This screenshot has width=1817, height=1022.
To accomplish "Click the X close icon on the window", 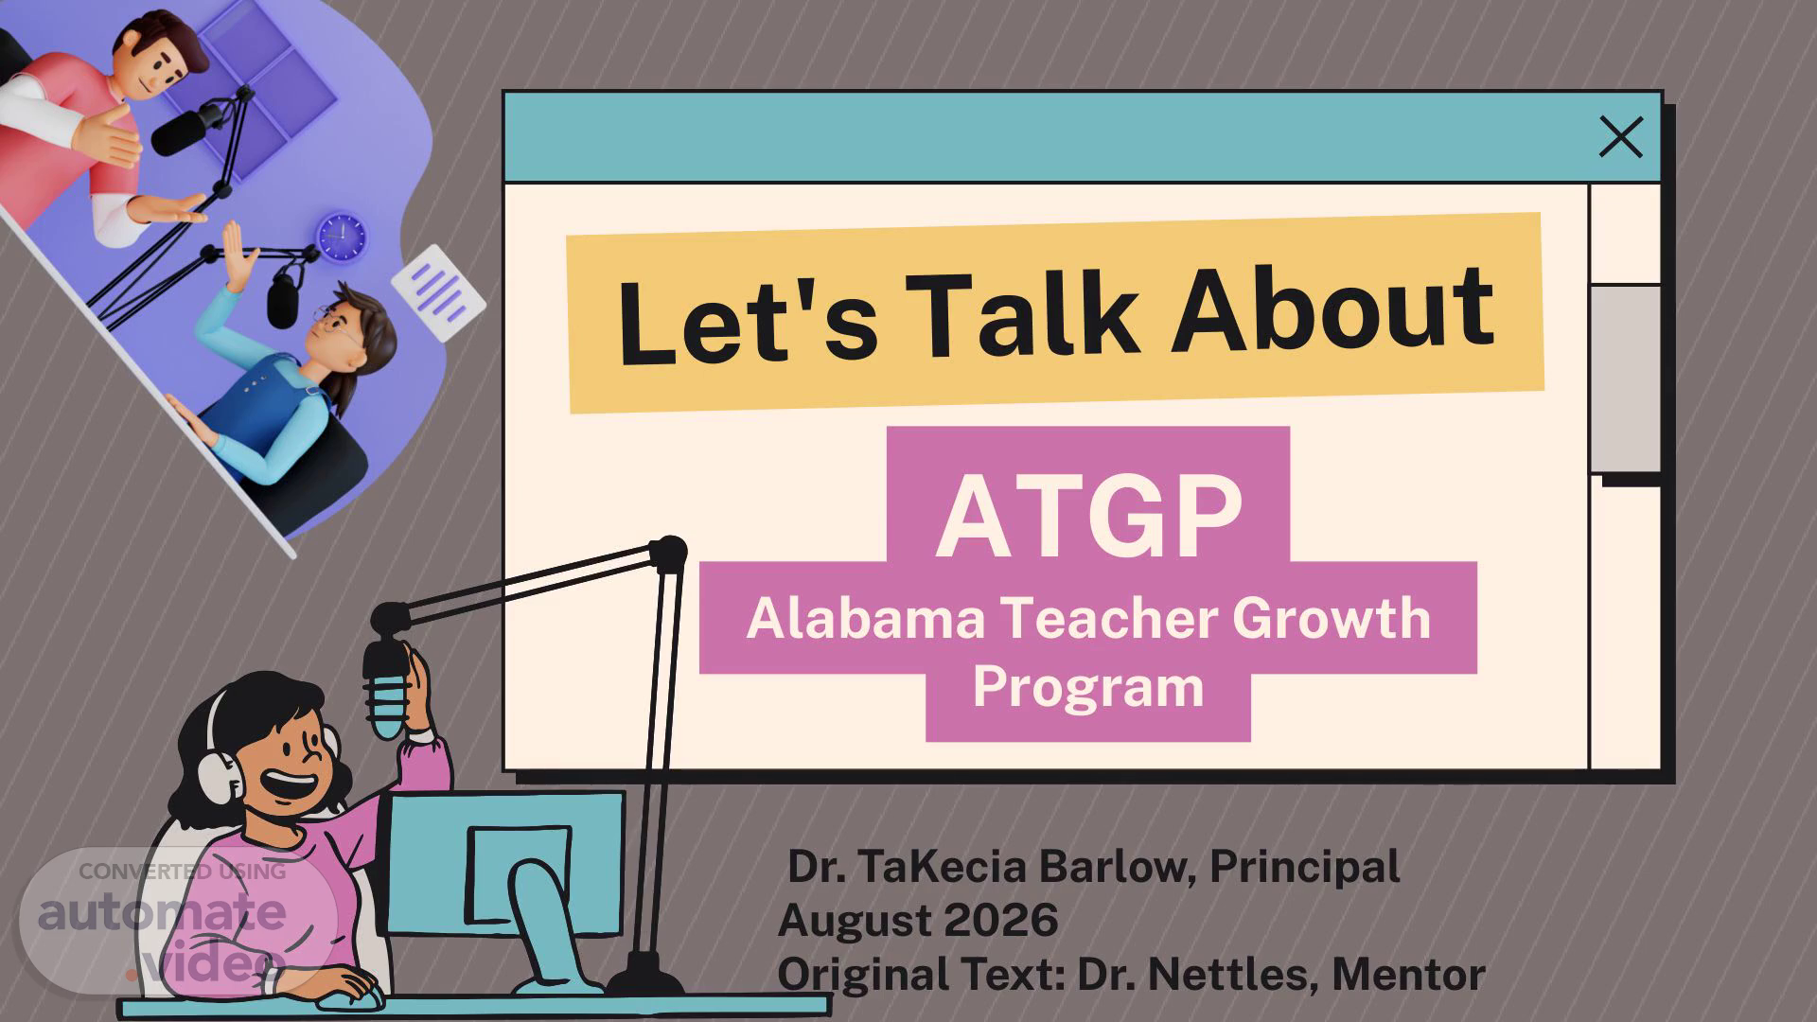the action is tap(1621, 137).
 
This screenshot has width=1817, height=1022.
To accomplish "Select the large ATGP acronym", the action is tap(1089, 517).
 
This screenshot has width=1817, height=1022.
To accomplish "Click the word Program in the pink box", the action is tap(1088, 689).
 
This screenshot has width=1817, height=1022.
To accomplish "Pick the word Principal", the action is tap(1305, 867).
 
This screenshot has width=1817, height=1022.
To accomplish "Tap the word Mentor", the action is tap(1409, 975).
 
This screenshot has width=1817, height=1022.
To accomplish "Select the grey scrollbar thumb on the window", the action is tap(1625, 379).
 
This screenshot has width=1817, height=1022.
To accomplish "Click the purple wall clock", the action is tap(341, 236).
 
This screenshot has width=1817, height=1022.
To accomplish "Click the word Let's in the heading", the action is tap(748, 321).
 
